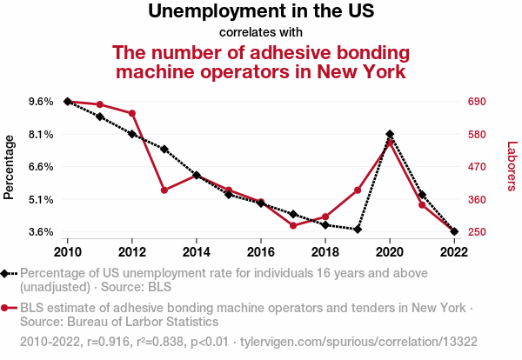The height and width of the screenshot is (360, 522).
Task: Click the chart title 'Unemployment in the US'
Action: tap(260, 11)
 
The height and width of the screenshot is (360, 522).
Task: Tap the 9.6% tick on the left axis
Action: tap(41, 102)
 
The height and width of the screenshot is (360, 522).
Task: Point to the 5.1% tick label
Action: tap(41, 200)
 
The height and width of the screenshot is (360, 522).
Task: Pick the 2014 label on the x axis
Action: tap(197, 251)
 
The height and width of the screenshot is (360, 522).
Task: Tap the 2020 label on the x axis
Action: tap(390, 251)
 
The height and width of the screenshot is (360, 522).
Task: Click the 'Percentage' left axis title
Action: tap(10, 166)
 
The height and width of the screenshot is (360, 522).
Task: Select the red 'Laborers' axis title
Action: tap(512, 166)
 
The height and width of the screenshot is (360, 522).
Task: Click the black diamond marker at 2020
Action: tap(390, 135)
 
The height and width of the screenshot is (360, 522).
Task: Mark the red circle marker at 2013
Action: tap(164, 190)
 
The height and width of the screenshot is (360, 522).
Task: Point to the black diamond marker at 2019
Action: tap(358, 230)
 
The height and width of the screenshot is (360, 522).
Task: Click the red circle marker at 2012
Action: tap(132, 113)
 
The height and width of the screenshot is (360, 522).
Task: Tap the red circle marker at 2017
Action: tap(293, 226)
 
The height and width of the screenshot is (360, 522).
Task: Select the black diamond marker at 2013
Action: tap(164, 150)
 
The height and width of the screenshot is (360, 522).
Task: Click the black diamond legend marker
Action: tap(6, 273)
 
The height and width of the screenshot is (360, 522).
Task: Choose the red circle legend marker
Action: tap(6, 308)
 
